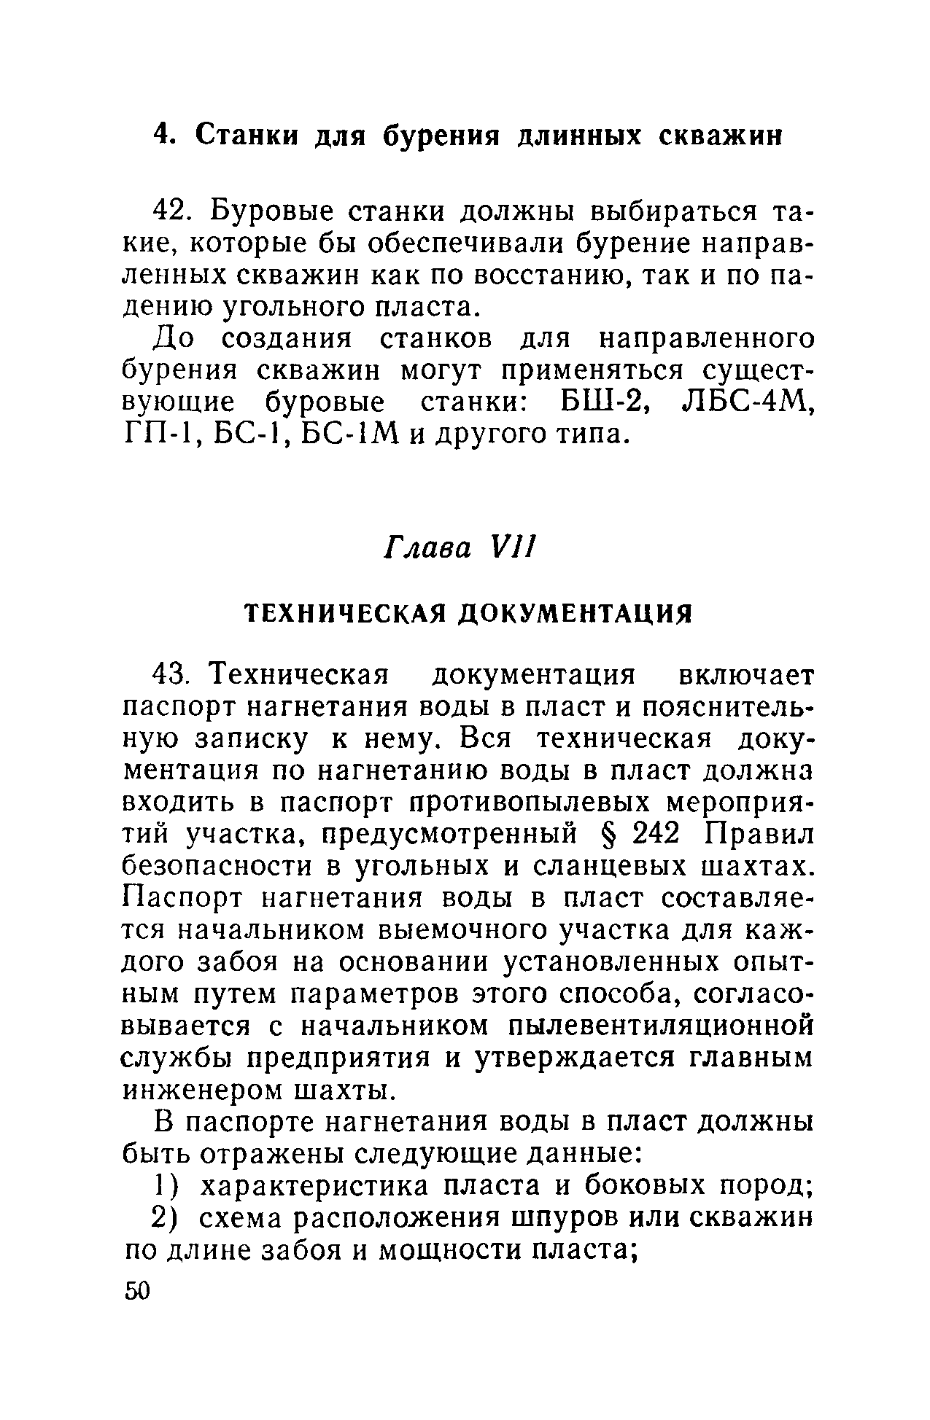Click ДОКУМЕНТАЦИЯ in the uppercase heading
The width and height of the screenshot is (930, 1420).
point(573,613)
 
